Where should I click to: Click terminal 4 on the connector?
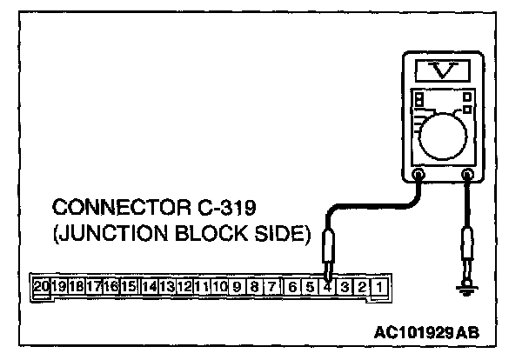point(327,285)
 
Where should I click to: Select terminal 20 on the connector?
point(41,285)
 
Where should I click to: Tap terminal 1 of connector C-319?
point(381,285)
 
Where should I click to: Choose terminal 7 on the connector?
point(272,285)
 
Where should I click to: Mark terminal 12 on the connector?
point(184,285)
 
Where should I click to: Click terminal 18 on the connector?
point(77,285)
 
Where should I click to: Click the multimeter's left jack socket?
point(419,175)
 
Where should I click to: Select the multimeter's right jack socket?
point(468,175)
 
